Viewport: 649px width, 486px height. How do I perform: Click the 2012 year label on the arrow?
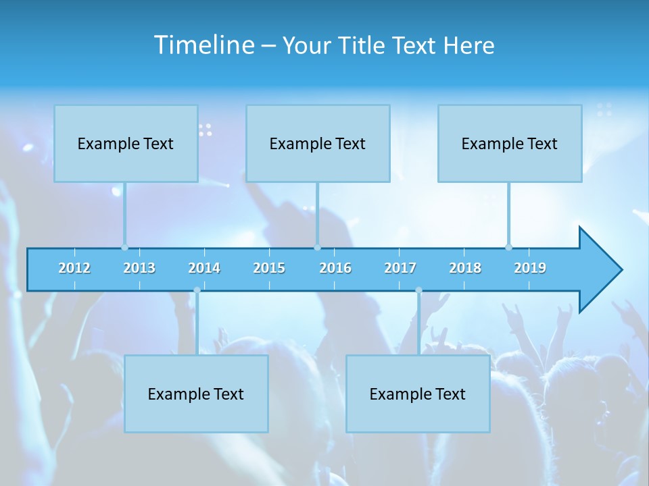[x=74, y=268]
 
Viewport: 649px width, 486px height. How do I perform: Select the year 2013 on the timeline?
[x=139, y=268]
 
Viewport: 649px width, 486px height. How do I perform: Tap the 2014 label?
[x=204, y=268]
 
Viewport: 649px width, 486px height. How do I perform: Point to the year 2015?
[x=269, y=268]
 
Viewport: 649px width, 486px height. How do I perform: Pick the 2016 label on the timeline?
[x=335, y=268]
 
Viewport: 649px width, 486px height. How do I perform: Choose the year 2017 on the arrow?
[x=400, y=268]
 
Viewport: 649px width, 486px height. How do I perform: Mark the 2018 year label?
[x=465, y=268]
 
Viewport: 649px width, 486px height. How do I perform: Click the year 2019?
[x=530, y=268]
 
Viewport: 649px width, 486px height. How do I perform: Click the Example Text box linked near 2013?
[x=126, y=143]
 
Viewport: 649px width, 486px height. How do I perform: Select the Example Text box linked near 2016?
[x=318, y=143]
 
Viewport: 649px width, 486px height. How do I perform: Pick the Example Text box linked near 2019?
[x=510, y=143]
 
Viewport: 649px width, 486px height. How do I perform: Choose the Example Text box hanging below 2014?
[x=196, y=394]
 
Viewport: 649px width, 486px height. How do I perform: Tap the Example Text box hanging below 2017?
[x=418, y=394]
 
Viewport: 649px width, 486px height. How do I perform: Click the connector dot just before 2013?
[x=124, y=248]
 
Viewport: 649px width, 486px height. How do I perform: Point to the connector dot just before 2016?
[x=317, y=248]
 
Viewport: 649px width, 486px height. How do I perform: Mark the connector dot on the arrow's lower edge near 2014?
[x=197, y=290]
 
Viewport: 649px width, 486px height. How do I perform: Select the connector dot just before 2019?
[x=508, y=248]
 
